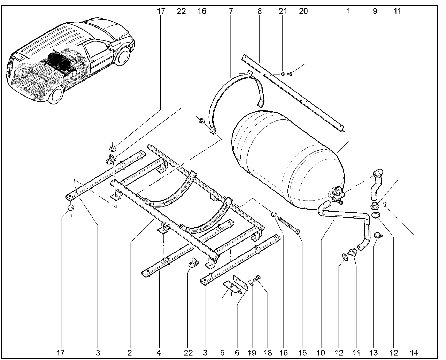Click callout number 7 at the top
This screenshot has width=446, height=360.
(231, 11)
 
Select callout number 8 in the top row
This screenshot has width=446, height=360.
(260, 11)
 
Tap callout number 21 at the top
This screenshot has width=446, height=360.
(283, 11)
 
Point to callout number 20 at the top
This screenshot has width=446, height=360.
(303, 11)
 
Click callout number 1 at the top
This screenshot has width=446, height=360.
(348, 11)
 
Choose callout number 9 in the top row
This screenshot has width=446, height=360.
(375, 11)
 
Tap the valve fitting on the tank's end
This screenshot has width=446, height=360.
(337, 193)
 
